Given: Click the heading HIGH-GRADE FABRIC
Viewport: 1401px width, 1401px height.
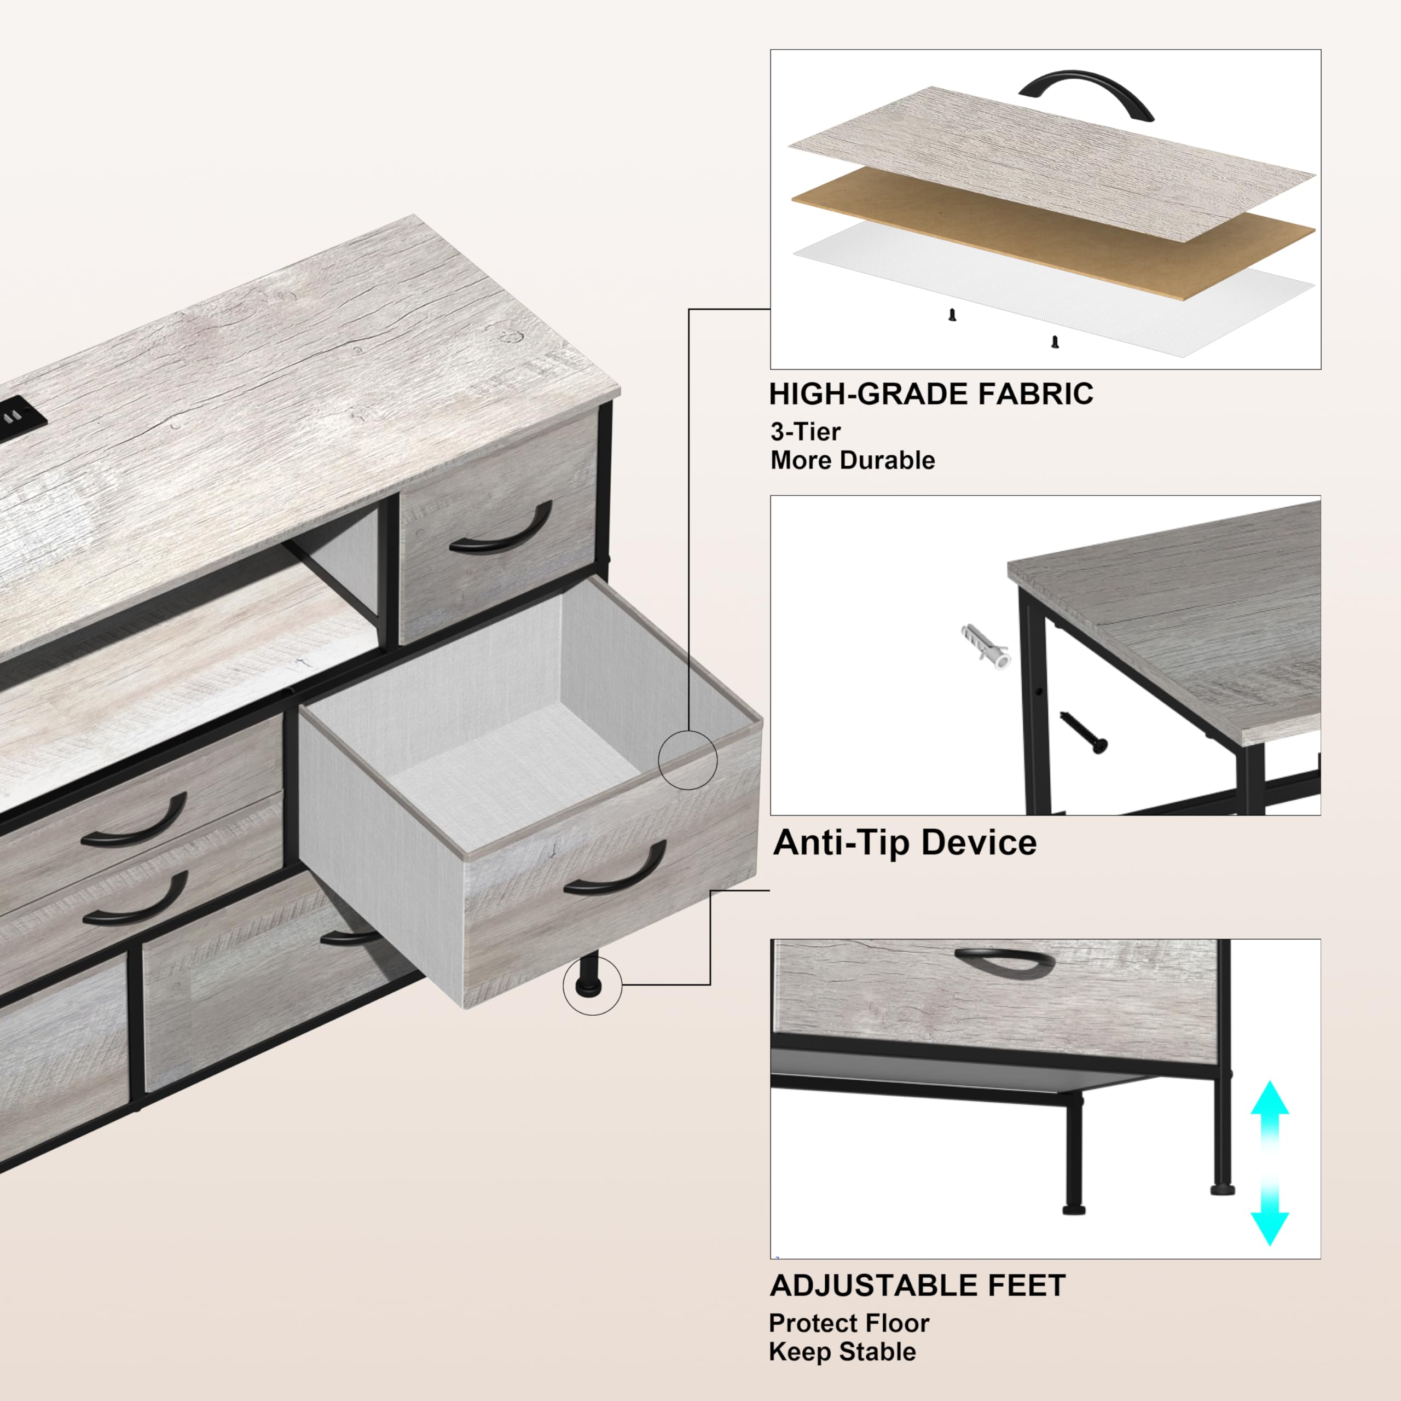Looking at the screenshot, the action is [x=930, y=395].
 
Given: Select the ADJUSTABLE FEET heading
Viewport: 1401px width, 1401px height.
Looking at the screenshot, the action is [x=917, y=1286].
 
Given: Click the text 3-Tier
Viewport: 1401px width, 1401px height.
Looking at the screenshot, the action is [x=805, y=432].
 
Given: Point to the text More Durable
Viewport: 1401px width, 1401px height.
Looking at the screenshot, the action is [x=852, y=460].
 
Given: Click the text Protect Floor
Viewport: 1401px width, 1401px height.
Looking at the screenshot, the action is [x=848, y=1323].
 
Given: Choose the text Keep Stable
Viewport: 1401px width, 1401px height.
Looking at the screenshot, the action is [x=842, y=1352].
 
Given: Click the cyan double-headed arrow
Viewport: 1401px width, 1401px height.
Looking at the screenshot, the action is [x=1269, y=1173].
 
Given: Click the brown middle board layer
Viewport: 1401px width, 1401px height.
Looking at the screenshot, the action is [x=1051, y=232].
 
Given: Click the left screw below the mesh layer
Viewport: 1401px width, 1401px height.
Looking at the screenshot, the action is [x=952, y=315].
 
